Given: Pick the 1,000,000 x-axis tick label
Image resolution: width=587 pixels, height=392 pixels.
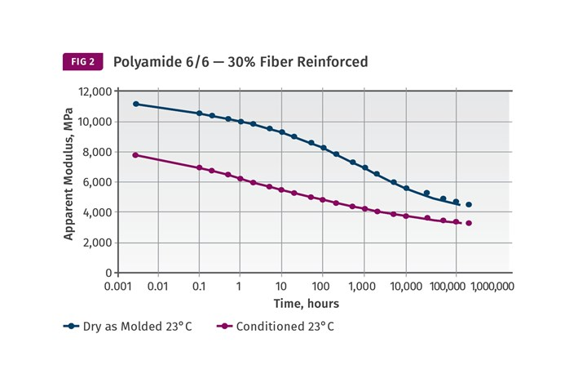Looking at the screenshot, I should [x=492, y=287].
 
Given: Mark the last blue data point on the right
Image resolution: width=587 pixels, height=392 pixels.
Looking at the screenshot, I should [x=469, y=205].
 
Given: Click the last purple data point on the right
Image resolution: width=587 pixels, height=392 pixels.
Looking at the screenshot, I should [x=469, y=223].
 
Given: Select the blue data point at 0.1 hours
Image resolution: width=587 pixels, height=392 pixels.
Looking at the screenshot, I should [x=199, y=114].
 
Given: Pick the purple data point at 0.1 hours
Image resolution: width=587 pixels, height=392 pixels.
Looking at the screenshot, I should [x=199, y=167].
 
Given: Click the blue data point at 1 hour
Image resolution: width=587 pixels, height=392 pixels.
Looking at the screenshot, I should [x=241, y=122].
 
